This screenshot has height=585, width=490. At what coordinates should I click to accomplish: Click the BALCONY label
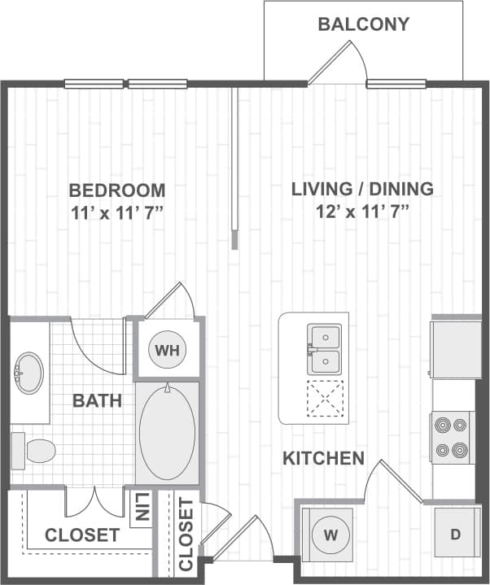pos(363,24)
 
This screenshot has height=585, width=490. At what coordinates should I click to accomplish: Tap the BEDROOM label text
pos(117,190)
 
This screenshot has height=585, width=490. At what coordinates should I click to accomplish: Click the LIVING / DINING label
pos(362,190)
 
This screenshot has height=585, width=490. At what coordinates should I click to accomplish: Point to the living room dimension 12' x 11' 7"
pos(362,212)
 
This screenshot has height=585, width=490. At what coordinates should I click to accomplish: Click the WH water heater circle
pos(167,350)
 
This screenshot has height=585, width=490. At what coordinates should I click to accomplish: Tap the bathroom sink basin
pos(29,373)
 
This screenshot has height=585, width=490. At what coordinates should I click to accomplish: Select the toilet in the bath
pos(34,450)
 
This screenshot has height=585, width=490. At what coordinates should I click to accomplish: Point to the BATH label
pos(98,400)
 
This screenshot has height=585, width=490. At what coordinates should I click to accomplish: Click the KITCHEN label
pos(323,459)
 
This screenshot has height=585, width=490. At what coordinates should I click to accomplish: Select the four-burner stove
pos(453,437)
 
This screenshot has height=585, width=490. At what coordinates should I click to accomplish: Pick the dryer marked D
pos(456,534)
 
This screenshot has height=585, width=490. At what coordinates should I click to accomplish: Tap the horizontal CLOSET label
pos(82,535)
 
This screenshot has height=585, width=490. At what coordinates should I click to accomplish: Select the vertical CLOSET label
pos(186,535)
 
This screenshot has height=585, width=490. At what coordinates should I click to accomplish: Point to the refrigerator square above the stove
pos(456,349)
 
